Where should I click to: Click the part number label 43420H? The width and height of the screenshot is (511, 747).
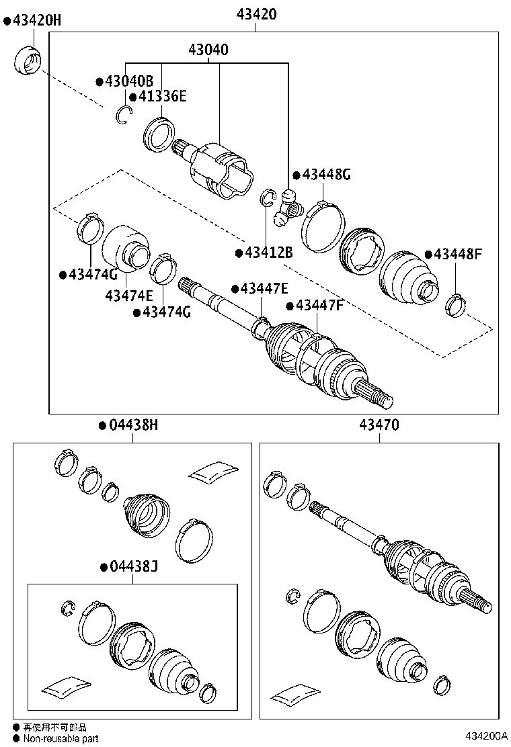pos(36,21)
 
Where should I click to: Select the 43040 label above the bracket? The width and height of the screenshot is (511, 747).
pos(208,50)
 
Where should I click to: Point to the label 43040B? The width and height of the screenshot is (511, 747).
pos(129,81)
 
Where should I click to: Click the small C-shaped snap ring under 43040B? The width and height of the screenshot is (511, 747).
pos(122,115)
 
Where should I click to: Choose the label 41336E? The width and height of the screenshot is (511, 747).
pos(162,97)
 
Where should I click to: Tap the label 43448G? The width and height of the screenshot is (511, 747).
pos(326,175)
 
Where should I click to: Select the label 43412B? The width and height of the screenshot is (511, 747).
pos(268,253)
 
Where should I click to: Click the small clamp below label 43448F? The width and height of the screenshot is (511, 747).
pos(455,305)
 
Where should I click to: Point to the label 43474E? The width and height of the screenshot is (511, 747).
pos(129,296)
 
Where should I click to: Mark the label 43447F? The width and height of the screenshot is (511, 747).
pos(319,306)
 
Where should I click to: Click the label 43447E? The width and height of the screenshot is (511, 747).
pos(264,289)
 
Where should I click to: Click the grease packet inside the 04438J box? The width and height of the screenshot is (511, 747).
pos(66,686)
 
